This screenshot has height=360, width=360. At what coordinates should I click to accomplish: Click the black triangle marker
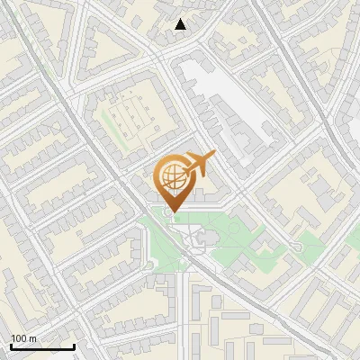point(181,25)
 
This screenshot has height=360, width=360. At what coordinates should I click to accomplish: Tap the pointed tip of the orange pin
point(173,212)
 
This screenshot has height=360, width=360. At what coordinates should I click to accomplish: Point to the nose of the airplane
point(213,156)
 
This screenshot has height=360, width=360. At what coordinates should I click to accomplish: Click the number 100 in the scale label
point(19,337)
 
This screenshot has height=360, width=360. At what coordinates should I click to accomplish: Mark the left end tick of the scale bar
point(11,346)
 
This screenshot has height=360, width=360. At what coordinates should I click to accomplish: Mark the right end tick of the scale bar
point(74,346)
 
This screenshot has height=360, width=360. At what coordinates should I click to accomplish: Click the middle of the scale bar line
point(42,346)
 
